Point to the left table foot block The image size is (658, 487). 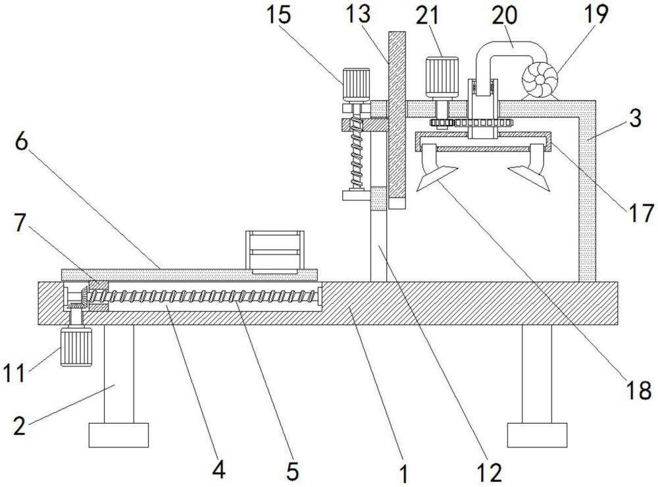[x=118, y=435]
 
